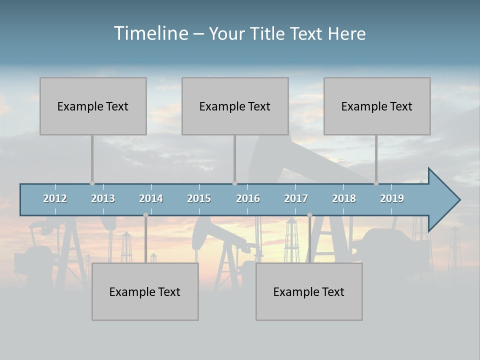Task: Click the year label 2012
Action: pyautogui.click(x=55, y=198)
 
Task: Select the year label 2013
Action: pyautogui.click(x=103, y=198)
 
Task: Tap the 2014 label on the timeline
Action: pyautogui.click(x=151, y=198)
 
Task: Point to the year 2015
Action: pyautogui.click(x=199, y=198)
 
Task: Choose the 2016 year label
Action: pyautogui.click(x=248, y=198)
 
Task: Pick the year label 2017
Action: pyautogui.click(x=296, y=198)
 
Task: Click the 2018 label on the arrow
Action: pyautogui.click(x=344, y=198)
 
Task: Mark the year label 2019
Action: pyautogui.click(x=392, y=198)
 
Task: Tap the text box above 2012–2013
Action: pyautogui.click(x=93, y=106)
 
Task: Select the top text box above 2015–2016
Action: pyautogui.click(x=235, y=106)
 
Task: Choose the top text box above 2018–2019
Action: pyautogui.click(x=377, y=106)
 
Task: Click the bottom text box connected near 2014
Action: pyautogui.click(x=145, y=291)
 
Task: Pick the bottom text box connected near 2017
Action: pyautogui.click(x=309, y=291)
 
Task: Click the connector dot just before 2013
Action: pyautogui.click(x=92, y=183)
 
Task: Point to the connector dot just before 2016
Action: pyautogui.click(x=234, y=183)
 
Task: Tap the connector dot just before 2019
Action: pyautogui.click(x=376, y=183)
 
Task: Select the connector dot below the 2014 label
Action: pyautogui.click(x=145, y=215)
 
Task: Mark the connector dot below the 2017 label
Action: pyautogui.click(x=309, y=215)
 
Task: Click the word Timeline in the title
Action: pyautogui.click(x=150, y=33)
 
